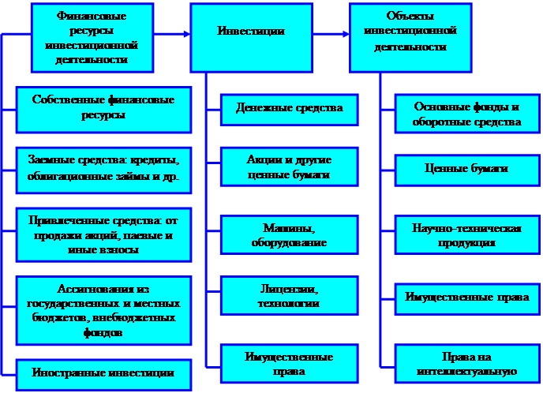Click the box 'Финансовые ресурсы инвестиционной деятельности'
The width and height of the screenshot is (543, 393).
click(x=93, y=37)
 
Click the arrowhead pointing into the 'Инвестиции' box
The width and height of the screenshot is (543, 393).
click(x=186, y=34)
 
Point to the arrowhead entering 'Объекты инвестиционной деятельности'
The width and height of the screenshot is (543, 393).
click(x=345, y=34)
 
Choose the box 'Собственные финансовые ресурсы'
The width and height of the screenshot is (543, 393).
click(x=103, y=108)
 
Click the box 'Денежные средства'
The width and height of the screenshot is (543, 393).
click(x=289, y=108)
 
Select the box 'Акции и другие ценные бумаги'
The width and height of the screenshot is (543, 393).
click(x=289, y=167)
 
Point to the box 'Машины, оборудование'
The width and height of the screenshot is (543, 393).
click(x=289, y=234)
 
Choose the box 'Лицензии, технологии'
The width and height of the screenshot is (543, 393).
click(x=289, y=295)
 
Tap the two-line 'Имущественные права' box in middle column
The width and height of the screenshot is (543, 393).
click(x=289, y=363)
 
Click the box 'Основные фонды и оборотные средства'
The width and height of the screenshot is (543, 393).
click(x=466, y=115)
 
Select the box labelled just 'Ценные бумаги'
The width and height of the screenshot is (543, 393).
click(x=466, y=169)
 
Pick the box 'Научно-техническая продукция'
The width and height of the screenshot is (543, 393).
click(x=466, y=235)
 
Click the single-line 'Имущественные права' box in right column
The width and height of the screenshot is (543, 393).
click(x=466, y=298)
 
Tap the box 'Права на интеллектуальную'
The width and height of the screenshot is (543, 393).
click(x=466, y=363)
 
